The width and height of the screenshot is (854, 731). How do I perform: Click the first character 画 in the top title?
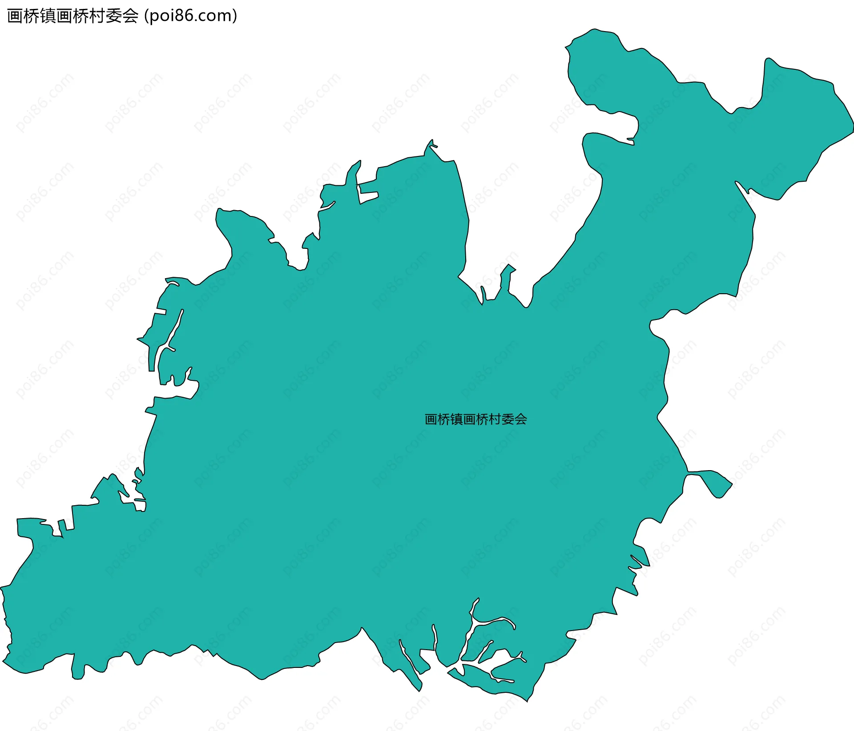(x=15, y=16)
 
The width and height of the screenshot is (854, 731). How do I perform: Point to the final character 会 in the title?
(x=130, y=16)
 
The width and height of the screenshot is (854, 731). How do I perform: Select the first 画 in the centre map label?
(x=431, y=419)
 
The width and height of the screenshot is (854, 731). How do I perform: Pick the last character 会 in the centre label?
(x=520, y=419)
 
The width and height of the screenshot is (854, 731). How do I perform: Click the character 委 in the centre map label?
(x=508, y=419)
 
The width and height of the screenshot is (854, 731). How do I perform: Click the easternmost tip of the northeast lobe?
(x=852, y=129)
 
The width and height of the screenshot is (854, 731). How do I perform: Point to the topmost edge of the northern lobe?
(x=594, y=30)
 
